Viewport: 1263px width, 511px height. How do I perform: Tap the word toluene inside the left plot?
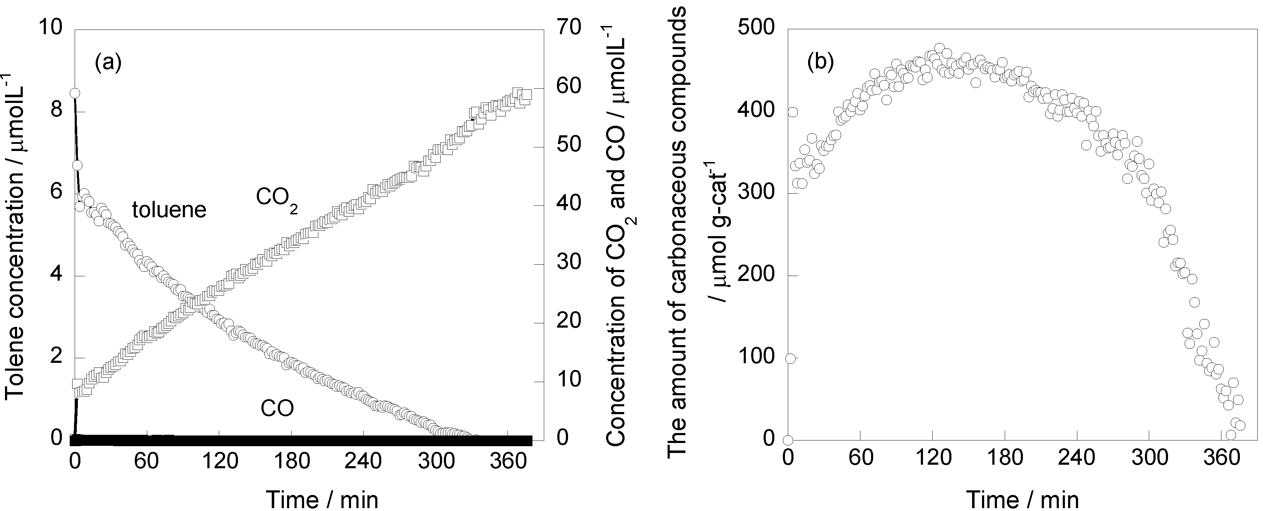pos(169,210)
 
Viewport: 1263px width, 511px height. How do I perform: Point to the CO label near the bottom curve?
pos(277,408)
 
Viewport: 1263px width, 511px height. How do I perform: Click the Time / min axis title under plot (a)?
pos(322,500)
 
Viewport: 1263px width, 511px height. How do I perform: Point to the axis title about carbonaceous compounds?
pos(678,236)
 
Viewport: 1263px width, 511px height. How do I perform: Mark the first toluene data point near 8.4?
pos(75,93)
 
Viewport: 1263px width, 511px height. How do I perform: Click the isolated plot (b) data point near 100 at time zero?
pos(790,358)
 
